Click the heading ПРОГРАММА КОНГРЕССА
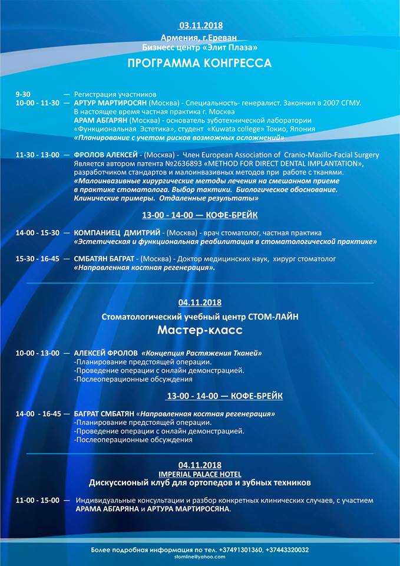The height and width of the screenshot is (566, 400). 200,63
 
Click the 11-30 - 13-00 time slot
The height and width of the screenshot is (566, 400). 38,155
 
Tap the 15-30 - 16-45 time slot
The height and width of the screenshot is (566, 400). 38,259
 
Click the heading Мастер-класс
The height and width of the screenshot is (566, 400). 200,330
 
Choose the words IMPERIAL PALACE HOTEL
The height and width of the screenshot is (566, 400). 200,473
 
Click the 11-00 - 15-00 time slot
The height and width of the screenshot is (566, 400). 38,500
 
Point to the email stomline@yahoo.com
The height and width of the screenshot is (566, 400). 200,556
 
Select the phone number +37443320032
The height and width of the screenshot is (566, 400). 288,549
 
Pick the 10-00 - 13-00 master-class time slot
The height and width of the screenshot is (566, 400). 38,353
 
